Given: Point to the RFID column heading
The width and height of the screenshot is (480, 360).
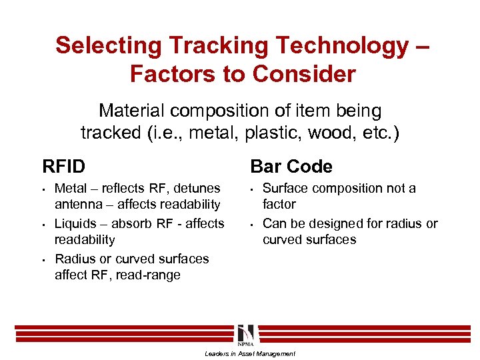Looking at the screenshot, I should [63, 165].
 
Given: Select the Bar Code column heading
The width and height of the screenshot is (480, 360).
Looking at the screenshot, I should [291, 165].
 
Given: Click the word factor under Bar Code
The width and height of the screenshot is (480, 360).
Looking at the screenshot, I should [279, 205].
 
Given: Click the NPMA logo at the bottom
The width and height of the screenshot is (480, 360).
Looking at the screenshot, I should [245, 335].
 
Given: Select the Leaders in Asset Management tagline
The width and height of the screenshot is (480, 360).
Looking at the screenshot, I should [249, 353].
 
